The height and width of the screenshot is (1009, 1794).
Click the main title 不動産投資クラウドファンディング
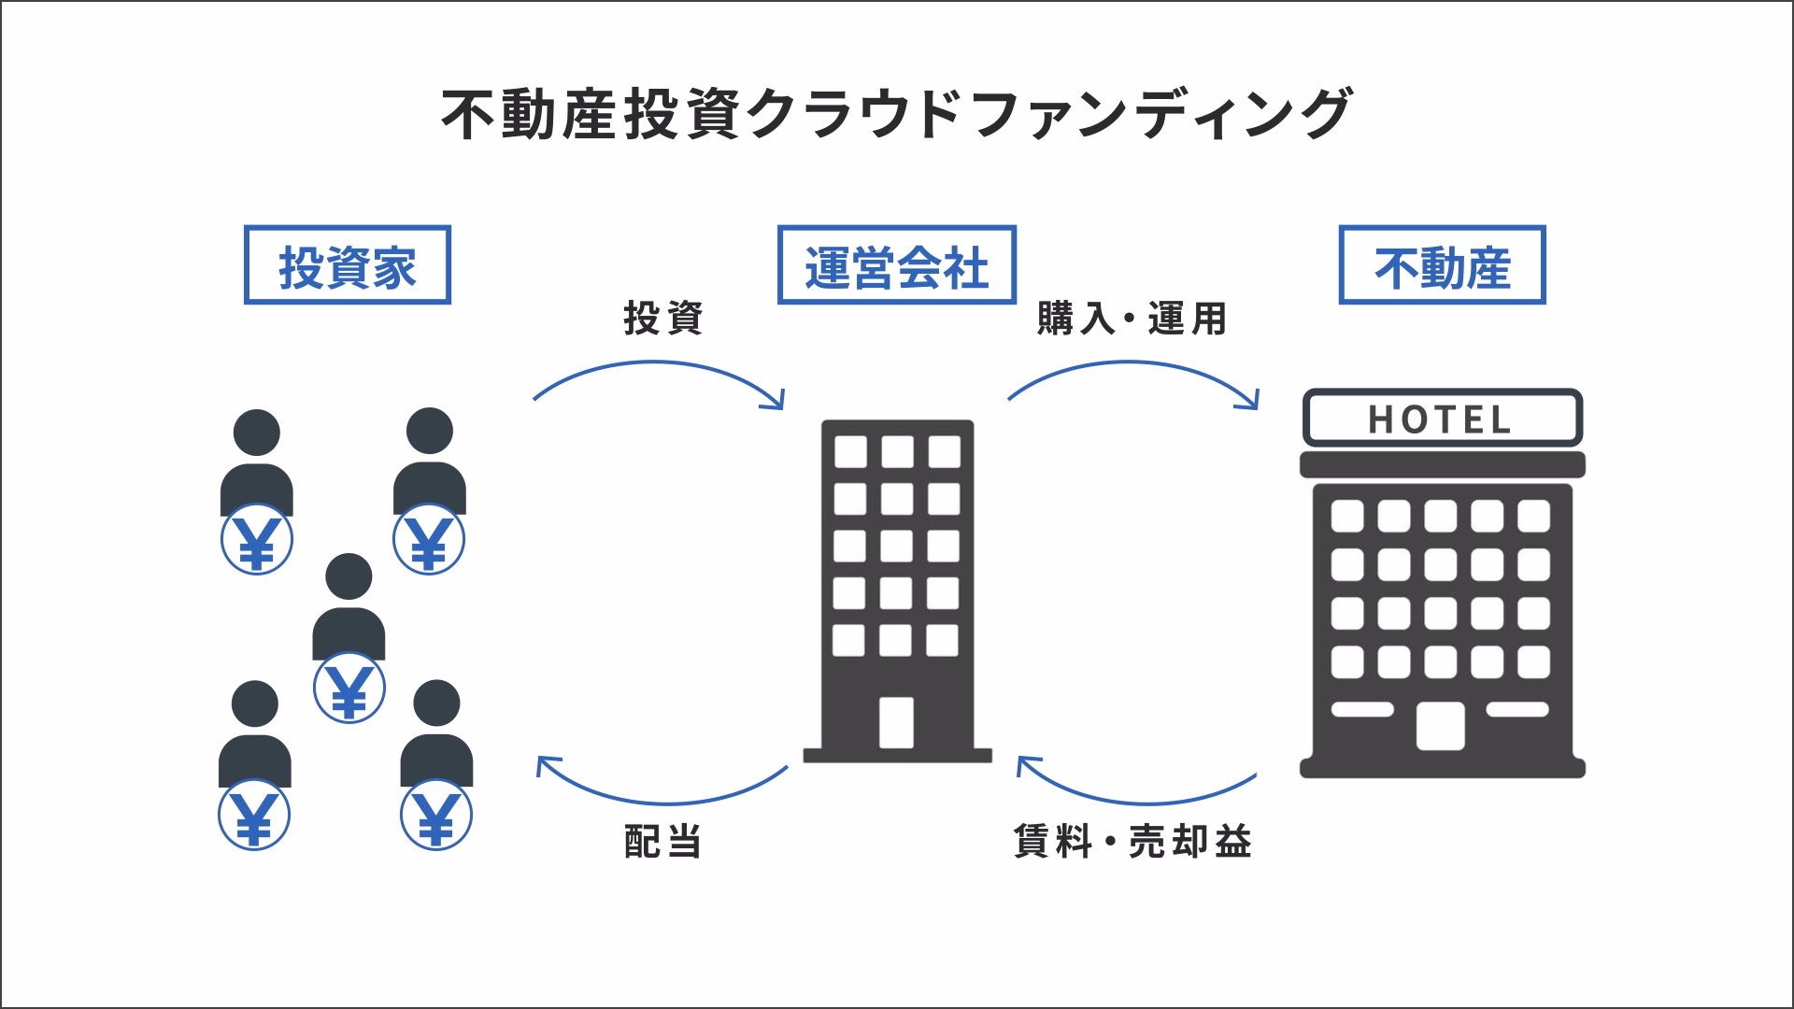point(896,114)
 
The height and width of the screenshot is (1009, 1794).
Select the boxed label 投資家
point(347,266)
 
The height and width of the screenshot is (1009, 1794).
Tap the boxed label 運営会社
point(896,266)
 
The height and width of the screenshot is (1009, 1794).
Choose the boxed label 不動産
point(1442,266)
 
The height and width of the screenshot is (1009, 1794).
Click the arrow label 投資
point(662,319)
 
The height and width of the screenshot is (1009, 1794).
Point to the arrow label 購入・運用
point(1132,319)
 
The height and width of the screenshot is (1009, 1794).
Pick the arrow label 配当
point(662,842)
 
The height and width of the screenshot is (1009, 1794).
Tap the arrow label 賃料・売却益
point(1132,842)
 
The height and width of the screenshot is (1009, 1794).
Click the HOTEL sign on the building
point(1442,419)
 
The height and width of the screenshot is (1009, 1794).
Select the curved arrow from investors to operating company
point(659,365)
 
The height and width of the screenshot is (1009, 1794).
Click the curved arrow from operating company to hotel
point(1132,365)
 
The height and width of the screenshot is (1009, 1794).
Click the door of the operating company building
point(896,722)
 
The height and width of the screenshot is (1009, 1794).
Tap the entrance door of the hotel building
point(1440,726)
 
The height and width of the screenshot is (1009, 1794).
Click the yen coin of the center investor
point(349,689)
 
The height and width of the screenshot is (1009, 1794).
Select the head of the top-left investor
point(257,433)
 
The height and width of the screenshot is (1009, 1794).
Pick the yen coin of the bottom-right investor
point(436,816)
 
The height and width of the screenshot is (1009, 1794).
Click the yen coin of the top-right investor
point(429,540)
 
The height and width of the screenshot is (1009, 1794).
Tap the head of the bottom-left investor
point(255,703)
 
